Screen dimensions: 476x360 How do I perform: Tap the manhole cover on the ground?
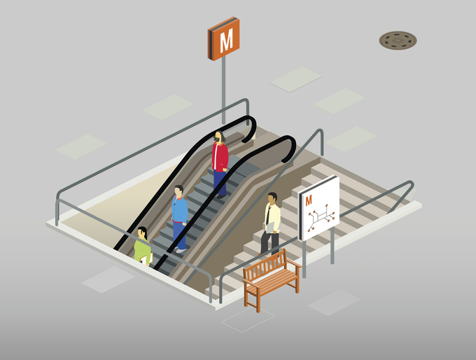coord(398,40)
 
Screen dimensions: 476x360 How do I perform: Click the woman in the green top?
coord(143,246)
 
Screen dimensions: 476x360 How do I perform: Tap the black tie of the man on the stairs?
coord(268,216)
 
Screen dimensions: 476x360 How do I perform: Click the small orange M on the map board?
coord(309,200)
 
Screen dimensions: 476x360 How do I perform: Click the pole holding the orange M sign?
coord(223,90)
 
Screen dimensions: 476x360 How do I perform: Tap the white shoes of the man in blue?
coord(180,250)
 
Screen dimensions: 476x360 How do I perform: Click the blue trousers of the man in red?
coord(220,182)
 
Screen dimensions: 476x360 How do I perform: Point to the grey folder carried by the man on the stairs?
coord(269,227)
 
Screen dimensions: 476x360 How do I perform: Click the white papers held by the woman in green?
coord(146,258)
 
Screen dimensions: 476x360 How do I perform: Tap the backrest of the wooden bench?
coord(265,265)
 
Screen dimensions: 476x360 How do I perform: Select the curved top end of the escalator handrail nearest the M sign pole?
coord(250,128)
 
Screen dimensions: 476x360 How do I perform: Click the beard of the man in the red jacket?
coord(217,140)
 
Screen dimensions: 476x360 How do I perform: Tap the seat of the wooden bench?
coord(272,282)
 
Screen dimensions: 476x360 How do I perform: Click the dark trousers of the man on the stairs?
coord(269,242)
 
